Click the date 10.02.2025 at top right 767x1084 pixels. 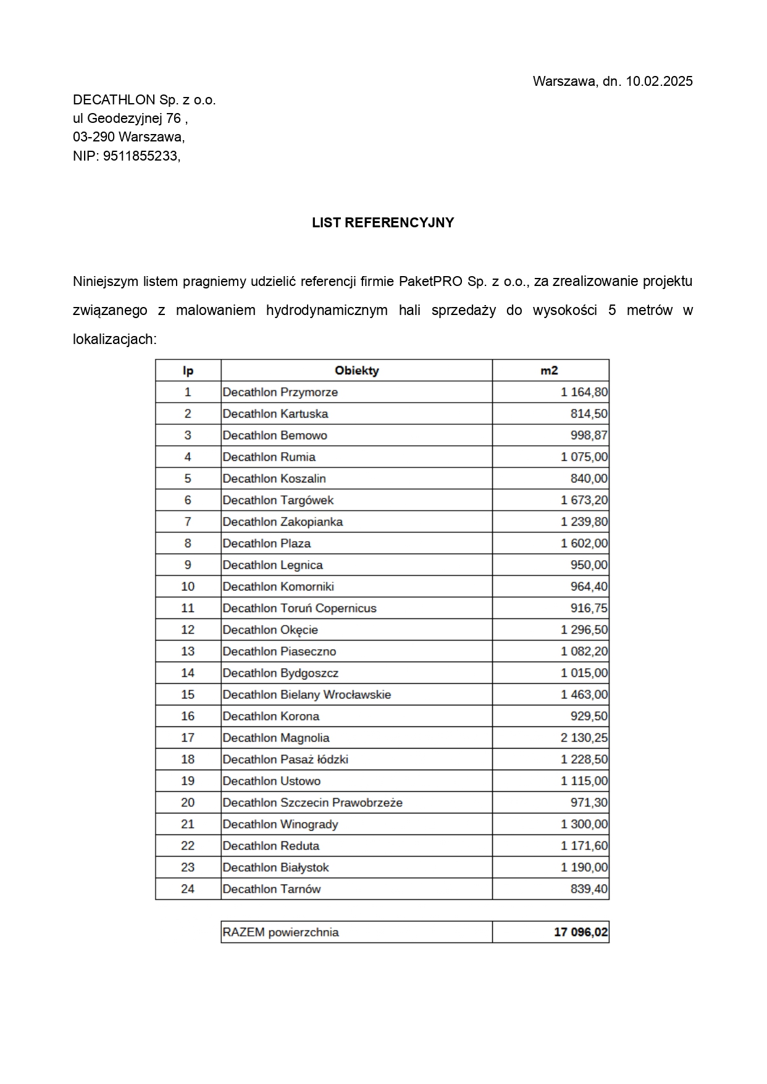coord(659,81)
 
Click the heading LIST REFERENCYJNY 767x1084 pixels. coord(383,223)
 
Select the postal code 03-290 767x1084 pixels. coord(94,137)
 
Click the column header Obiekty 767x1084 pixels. coord(356,371)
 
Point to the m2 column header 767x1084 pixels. coord(549,371)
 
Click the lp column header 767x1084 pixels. coord(188,371)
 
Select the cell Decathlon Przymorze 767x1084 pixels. coord(280,392)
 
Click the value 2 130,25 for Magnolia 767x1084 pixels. coord(584,738)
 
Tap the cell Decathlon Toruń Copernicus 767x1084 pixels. coord(299,608)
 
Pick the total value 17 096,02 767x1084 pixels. coord(580,932)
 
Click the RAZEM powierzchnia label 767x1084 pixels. coord(280,932)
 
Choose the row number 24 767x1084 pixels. coord(188,889)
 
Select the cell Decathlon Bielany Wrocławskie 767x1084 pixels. coord(306,695)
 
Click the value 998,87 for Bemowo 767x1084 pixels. coord(589,435)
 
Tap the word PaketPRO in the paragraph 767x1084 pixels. coord(430,282)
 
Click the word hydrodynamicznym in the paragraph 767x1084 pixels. coord(327,311)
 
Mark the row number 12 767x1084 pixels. coord(188,630)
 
